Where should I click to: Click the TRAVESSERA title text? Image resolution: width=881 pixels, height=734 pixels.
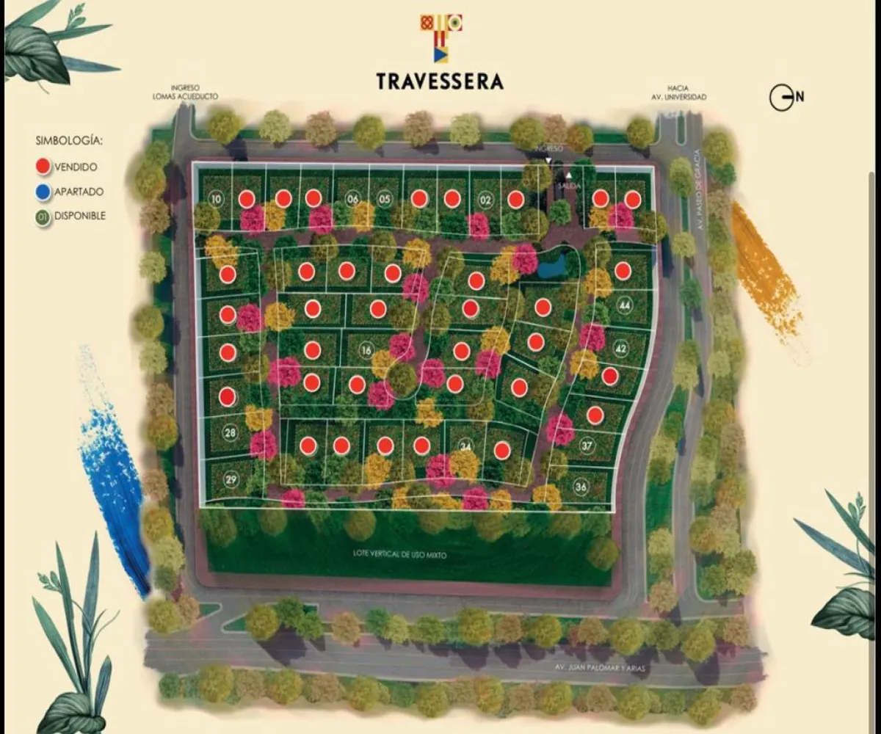click(x=440, y=81)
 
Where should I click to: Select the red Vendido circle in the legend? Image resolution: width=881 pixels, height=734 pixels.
click(x=43, y=167)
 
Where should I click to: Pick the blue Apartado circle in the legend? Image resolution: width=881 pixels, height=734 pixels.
click(x=43, y=192)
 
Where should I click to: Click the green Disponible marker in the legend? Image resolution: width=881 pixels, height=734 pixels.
click(x=43, y=217)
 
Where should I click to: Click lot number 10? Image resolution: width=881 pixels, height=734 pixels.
click(x=215, y=199)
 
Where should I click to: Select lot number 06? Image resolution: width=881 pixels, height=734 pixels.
click(x=352, y=199)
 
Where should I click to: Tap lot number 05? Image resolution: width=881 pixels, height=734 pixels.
click(x=384, y=199)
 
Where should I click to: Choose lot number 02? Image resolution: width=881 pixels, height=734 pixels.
click(x=485, y=199)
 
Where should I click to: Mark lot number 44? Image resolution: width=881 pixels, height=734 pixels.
click(x=624, y=305)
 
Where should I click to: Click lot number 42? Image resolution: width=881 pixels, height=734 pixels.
click(x=620, y=348)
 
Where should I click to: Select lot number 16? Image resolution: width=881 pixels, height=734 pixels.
click(x=366, y=351)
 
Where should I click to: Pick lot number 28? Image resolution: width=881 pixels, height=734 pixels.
click(x=231, y=433)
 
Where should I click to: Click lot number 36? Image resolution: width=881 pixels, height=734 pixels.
click(x=581, y=487)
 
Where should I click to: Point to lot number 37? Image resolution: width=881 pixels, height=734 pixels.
click(x=587, y=445)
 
